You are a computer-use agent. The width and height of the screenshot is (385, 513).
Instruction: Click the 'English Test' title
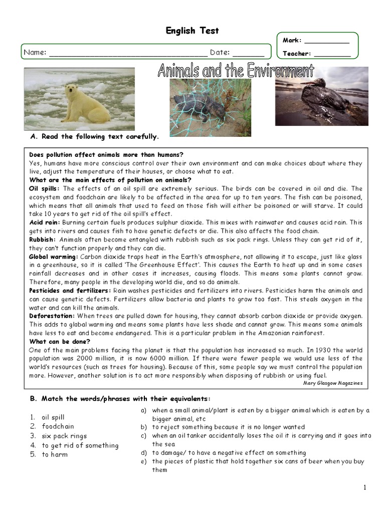[192, 31]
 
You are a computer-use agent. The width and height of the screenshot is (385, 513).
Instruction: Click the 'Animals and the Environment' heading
[236, 71]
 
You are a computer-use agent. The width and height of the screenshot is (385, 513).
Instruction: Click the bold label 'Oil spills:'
[45, 189]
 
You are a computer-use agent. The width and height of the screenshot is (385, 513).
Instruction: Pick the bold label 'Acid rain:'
[44, 222]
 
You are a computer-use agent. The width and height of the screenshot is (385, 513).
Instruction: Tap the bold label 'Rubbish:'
[43, 239]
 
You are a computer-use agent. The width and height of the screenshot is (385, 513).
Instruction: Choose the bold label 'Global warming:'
[54, 256]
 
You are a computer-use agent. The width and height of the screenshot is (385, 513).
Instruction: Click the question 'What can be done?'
[60, 342]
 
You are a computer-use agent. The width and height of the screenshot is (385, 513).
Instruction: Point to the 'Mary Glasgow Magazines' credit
[333, 383]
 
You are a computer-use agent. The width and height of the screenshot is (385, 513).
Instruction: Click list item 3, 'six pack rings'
[64, 436]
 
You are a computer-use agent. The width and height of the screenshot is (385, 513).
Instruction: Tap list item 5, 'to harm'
[55, 455]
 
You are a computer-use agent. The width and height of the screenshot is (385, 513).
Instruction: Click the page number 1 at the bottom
[365, 487]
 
